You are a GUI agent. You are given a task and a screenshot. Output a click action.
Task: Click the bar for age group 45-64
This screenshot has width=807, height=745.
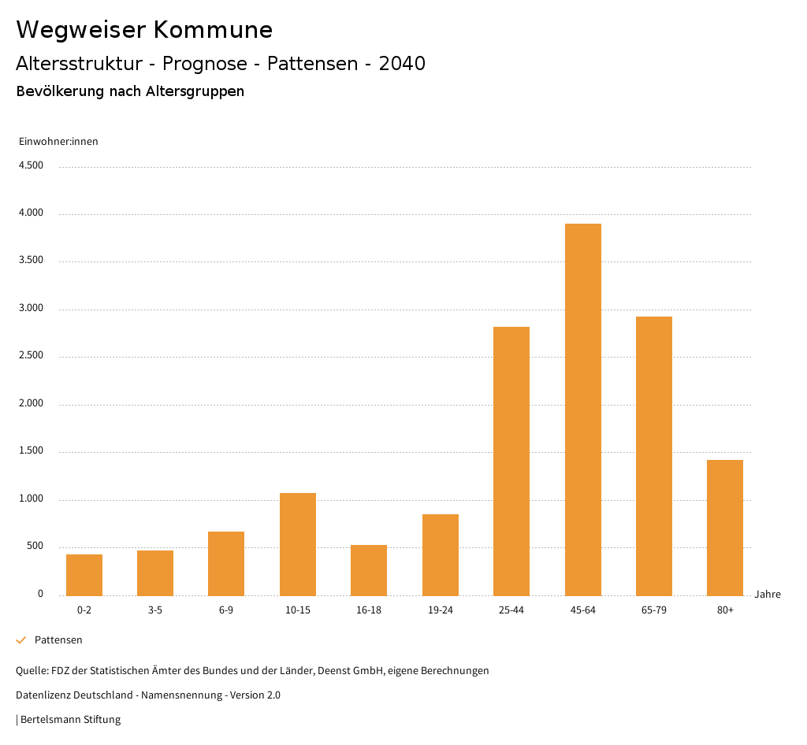(x=582, y=410)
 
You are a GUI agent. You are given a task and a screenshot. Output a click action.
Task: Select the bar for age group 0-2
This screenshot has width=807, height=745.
(x=84, y=575)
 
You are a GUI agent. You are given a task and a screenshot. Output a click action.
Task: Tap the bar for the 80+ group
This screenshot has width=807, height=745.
(x=725, y=528)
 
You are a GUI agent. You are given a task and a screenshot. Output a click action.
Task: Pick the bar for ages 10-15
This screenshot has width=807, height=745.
(x=298, y=544)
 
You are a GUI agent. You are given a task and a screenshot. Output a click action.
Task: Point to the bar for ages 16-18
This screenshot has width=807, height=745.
(x=369, y=570)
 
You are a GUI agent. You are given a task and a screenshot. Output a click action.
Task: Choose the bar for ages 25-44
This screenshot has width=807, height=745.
(x=511, y=461)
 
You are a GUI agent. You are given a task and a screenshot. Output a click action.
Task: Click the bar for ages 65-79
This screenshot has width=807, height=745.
(x=654, y=456)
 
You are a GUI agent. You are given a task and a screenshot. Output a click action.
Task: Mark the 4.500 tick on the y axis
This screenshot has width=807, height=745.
(x=31, y=165)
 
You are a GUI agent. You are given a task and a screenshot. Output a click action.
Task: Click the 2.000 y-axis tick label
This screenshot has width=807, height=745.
(x=31, y=404)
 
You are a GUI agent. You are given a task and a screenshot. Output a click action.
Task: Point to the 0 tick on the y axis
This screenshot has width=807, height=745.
(x=40, y=595)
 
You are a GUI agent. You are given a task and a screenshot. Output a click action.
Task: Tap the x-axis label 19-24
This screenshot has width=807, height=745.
(x=441, y=610)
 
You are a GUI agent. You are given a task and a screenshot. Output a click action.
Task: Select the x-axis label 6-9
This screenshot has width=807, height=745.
(x=226, y=610)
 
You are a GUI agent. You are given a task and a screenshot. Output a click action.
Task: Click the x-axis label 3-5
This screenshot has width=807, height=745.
(x=155, y=610)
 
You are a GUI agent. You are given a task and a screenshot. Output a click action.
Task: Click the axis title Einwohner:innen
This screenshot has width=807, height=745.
(x=58, y=142)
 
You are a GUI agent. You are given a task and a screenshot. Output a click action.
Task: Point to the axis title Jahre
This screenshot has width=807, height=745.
(x=768, y=595)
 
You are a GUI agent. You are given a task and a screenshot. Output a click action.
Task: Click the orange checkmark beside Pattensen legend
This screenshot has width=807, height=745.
(x=21, y=640)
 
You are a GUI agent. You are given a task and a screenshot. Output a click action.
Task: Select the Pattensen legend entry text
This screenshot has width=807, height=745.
(x=58, y=640)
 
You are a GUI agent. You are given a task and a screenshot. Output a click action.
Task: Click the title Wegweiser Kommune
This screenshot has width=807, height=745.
(x=144, y=30)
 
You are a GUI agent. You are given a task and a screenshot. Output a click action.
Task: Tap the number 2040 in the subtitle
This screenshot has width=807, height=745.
(x=402, y=64)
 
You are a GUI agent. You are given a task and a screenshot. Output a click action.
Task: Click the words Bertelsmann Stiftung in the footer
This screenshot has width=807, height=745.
(x=71, y=720)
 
